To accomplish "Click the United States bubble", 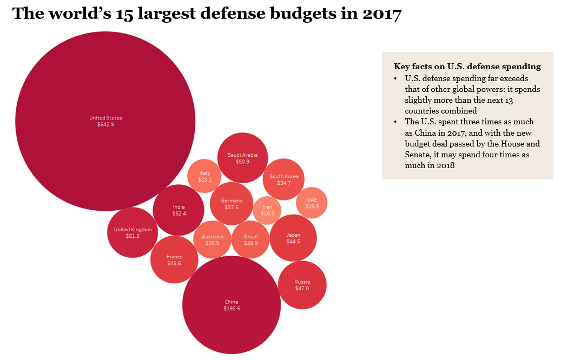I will [105, 121].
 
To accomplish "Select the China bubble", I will [232, 305].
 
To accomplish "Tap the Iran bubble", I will [267, 210].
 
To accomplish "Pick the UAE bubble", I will [312, 203].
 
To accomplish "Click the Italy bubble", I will [204, 176].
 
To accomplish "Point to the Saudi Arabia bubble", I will [242, 158].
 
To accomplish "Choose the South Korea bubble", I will [284, 179].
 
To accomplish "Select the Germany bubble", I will [232, 204].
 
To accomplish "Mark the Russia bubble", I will [302, 285].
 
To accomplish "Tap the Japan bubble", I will [293, 238].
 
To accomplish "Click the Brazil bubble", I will [251, 240].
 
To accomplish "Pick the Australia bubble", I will [212, 240].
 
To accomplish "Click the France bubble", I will [174, 260].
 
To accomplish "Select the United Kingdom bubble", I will [133, 232].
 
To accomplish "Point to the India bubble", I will [179, 210].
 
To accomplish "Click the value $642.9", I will [105, 124].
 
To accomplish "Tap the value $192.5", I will [232, 308].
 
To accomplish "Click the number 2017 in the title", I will [382, 14].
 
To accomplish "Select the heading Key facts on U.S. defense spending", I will [467, 66].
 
